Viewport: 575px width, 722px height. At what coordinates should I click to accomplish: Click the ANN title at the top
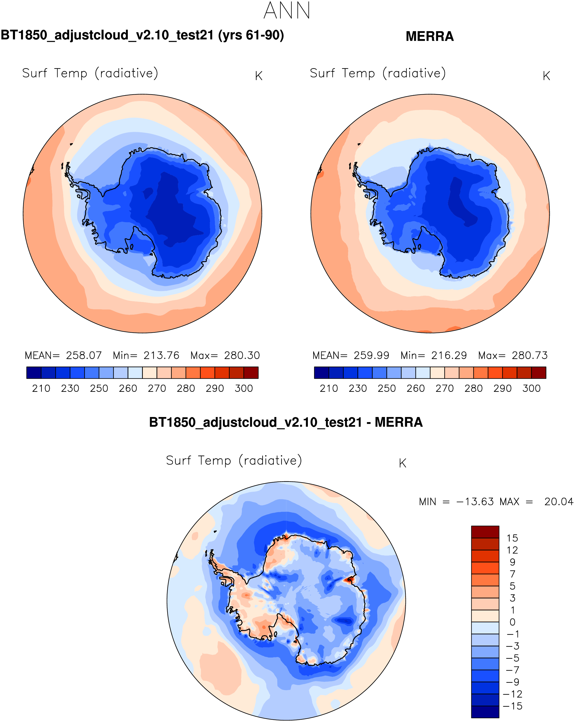pyautogui.click(x=287, y=11)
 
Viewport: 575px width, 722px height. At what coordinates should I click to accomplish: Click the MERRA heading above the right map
pyautogui.click(x=430, y=36)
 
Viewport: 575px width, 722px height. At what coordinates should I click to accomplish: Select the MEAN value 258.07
pyautogui.click(x=84, y=355)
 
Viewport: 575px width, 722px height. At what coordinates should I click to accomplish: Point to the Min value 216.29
pyautogui.click(x=449, y=355)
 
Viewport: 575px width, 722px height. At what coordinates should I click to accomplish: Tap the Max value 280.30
pyautogui.click(x=242, y=355)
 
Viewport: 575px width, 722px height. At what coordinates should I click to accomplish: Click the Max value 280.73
pyautogui.click(x=529, y=355)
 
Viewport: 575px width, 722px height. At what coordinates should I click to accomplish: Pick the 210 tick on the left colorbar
pyautogui.click(x=41, y=388)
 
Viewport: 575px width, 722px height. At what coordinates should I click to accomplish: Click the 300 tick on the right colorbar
pyautogui.click(x=532, y=388)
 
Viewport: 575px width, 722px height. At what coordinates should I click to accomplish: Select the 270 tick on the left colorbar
pyautogui.click(x=157, y=388)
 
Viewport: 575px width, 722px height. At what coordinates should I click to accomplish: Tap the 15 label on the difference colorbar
pyautogui.click(x=512, y=538)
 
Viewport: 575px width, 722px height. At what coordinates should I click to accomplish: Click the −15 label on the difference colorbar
pyautogui.click(x=512, y=706)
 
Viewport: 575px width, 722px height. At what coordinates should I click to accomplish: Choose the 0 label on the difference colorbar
pyautogui.click(x=512, y=622)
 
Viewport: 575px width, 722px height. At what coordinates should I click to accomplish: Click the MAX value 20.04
pyautogui.click(x=559, y=502)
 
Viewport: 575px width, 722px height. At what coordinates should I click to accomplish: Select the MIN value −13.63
pyautogui.click(x=475, y=502)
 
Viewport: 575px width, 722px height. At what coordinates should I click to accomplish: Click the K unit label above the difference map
pyautogui.click(x=402, y=463)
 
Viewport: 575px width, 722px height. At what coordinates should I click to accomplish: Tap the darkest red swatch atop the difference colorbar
pyautogui.click(x=485, y=532)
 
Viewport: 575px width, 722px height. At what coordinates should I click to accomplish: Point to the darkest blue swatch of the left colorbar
pyautogui.click(x=34, y=373)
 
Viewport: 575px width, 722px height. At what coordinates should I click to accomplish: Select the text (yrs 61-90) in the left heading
pyautogui.click(x=251, y=35)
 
